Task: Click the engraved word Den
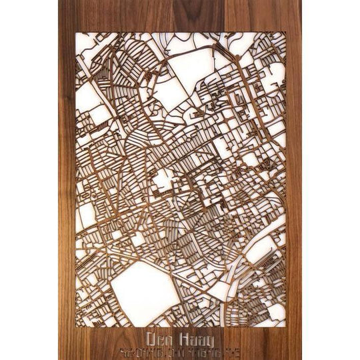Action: point(157,337)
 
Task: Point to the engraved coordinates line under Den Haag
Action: point(176,349)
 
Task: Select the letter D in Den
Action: point(149,337)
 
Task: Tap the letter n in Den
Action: point(165,337)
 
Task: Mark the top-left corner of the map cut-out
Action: point(75,33)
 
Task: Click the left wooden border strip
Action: point(66,180)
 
